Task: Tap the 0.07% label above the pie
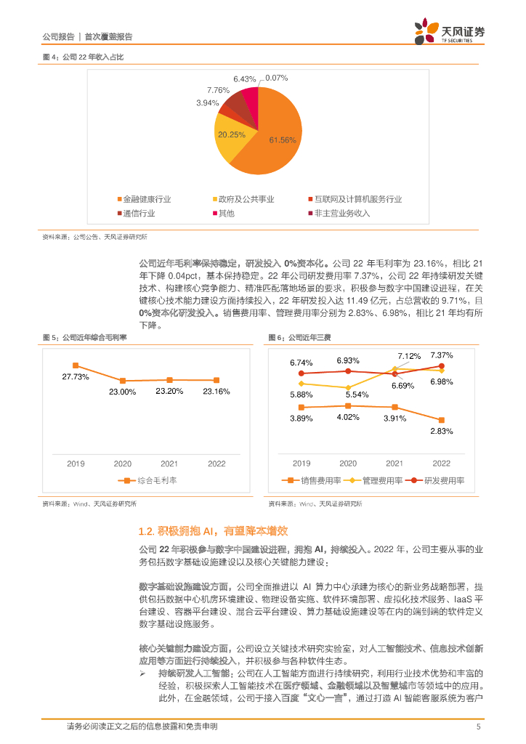click(277, 78)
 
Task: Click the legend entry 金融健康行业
click(145, 199)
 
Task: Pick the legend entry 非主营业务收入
click(341, 213)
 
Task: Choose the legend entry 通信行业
click(139, 213)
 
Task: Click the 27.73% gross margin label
click(75, 376)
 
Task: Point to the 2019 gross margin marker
click(75, 365)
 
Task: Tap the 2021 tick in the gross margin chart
click(169, 464)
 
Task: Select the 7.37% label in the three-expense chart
click(442, 355)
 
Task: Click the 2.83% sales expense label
click(441, 432)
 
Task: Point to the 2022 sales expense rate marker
click(441, 419)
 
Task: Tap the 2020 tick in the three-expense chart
click(348, 464)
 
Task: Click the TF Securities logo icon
click(424, 32)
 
